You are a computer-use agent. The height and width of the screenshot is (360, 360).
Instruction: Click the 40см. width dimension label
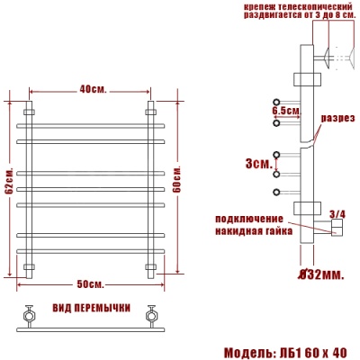tap(90, 88)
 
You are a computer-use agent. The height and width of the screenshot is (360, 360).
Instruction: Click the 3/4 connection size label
tap(337, 213)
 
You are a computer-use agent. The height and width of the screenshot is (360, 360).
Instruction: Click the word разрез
tap(337, 119)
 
